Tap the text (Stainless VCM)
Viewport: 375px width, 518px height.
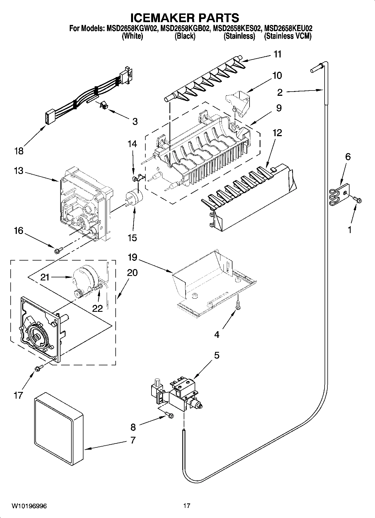(x=288, y=36)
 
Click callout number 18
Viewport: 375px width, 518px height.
(x=19, y=151)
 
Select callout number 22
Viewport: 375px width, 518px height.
(x=97, y=308)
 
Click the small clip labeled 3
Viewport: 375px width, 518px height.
(x=104, y=105)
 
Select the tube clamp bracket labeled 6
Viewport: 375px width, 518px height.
(x=339, y=194)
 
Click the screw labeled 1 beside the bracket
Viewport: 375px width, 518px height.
(x=358, y=199)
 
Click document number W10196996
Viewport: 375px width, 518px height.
(x=29, y=506)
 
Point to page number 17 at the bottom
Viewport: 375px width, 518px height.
(x=187, y=506)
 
